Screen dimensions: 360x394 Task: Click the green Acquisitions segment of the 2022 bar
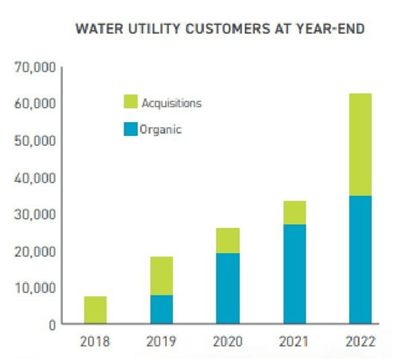[355, 144]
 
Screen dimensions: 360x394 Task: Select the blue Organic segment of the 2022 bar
[355, 259]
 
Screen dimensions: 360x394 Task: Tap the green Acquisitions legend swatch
[131, 102]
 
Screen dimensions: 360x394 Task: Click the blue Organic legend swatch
[131, 129]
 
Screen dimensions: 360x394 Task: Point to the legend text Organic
[161, 130]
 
